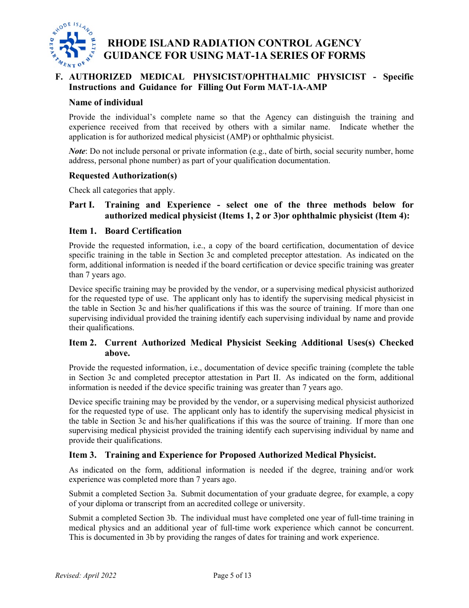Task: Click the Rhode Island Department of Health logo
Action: tap(72, 45)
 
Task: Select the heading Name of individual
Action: tap(106, 102)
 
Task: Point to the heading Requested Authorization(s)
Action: tap(123, 175)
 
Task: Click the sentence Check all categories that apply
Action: tap(121, 190)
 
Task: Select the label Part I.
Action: tap(81, 205)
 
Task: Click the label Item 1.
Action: tap(83, 231)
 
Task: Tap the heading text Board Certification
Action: tap(143, 231)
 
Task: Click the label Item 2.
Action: tap(83, 343)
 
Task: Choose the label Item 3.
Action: tap(83, 455)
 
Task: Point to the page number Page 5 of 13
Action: tap(232, 575)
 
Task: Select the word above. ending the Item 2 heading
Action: tap(117, 353)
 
